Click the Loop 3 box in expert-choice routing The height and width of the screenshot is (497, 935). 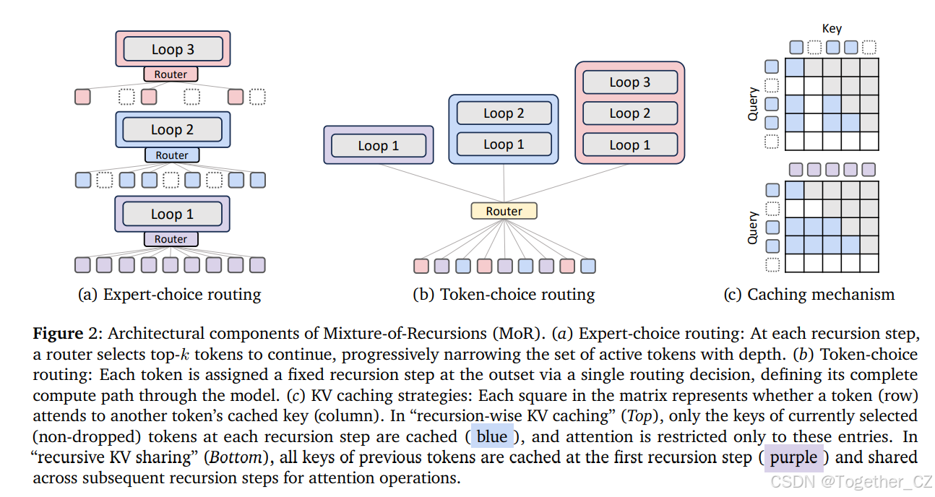(x=172, y=49)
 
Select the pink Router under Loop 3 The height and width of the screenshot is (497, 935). (x=171, y=74)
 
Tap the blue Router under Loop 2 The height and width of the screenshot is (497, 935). (x=172, y=155)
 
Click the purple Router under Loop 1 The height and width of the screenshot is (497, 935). (x=171, y=239)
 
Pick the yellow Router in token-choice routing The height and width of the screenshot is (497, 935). (x=504, y=211)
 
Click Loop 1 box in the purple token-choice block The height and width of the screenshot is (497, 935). (x=378, y=145)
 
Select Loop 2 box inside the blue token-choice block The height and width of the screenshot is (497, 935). (x=504, y=113)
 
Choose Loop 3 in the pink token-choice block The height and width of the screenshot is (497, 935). (x=629, y=82)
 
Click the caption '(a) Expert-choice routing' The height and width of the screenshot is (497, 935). (x=169, y=294)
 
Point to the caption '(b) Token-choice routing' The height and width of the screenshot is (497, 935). (x=504, y=294)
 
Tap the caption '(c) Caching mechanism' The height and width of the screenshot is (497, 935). (x=809, y=294)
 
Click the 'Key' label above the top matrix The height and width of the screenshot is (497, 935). (x=832, y=29)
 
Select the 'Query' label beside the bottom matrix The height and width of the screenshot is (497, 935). (x=753, y=227)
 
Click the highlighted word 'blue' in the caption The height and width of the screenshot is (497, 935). (x=492, y=437)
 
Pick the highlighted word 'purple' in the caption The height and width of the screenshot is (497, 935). (x=793, y=457)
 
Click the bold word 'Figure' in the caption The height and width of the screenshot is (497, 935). (x=58, y=334)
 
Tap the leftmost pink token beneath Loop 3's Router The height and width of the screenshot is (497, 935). (x=83, y=96)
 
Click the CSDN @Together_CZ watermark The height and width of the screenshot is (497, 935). (x=851, y=481)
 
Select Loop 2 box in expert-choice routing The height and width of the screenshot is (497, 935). (x=172, y=129)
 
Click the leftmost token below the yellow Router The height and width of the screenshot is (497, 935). (x=421, y=266)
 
